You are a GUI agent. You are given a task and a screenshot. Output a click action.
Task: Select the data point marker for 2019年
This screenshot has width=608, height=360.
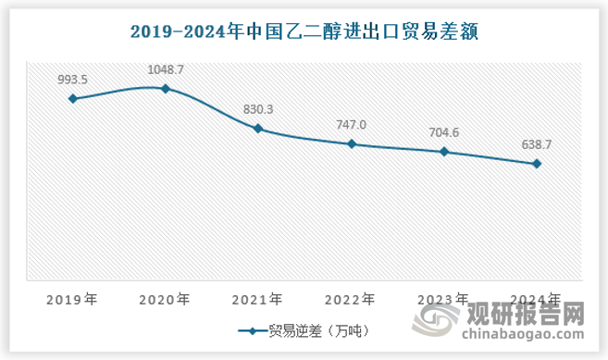72,98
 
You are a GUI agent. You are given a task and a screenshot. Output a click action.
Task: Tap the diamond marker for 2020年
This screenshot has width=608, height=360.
165,89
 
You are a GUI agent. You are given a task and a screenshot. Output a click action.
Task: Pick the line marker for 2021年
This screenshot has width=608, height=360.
258,129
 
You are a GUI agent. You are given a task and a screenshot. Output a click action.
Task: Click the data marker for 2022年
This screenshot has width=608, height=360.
352,143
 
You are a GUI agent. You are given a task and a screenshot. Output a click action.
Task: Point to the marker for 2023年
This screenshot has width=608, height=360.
445,152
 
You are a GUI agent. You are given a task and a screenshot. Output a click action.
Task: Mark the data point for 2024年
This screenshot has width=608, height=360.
538,164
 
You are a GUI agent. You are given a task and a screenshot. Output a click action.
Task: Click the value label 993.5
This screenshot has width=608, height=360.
72,80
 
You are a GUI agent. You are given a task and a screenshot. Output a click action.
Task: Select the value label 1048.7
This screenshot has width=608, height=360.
165,69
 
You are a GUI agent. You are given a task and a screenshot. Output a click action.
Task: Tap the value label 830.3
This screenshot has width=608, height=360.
258,110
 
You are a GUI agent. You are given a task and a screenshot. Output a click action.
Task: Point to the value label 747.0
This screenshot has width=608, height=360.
352,125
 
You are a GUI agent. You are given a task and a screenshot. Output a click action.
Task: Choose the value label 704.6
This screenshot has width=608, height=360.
445,132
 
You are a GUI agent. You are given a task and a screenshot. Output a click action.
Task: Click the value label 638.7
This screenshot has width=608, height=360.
538,145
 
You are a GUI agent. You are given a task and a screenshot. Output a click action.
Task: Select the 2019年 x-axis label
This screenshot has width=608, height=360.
72,299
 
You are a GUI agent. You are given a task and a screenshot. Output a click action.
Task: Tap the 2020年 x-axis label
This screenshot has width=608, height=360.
165,299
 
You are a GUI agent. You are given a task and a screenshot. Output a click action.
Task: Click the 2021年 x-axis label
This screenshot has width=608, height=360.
258,299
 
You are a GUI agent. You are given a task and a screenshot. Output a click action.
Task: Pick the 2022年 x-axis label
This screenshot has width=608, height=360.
352,299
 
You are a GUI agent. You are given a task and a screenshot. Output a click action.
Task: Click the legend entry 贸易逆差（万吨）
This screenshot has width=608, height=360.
305,330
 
